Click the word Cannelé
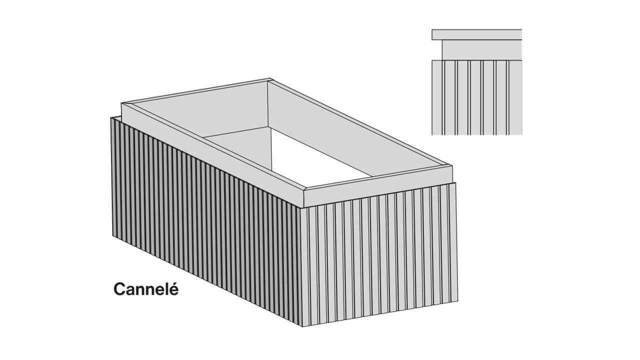point(146,289)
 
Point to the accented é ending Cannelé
point(173,289)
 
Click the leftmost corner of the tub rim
point(121,103)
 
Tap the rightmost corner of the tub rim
point(452,165)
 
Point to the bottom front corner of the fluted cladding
point(302,326)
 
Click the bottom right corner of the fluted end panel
point(457,300)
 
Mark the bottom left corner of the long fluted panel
point(112,235)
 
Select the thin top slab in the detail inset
point(476,34)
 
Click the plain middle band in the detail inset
point(481,50)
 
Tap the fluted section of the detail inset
point(476,97)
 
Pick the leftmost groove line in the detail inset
point(443,97)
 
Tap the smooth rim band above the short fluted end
point(378,185)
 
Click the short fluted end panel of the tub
point(379,254)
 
